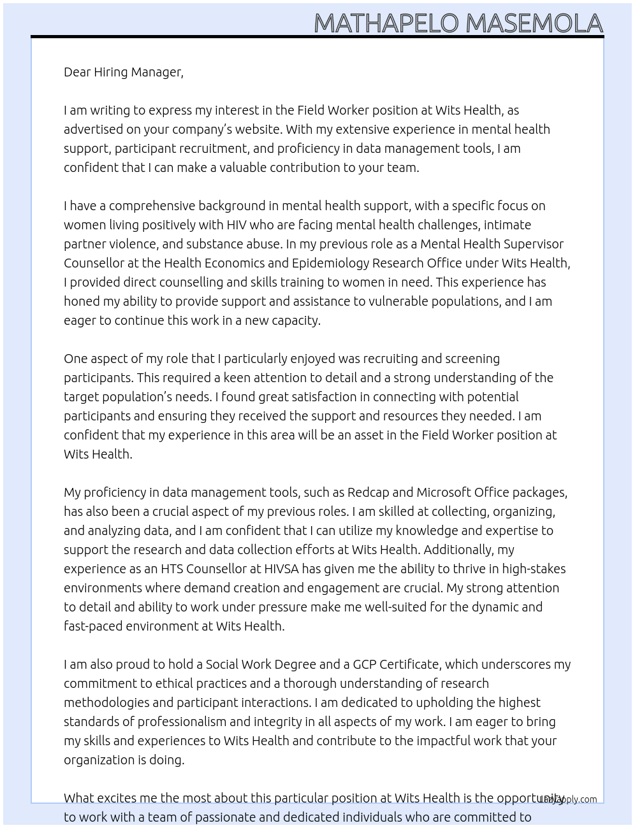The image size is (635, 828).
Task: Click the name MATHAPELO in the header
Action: click(386, 24)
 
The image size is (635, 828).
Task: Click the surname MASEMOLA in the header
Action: click(534, 24)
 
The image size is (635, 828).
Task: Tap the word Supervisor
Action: click(534, 244)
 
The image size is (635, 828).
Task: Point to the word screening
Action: click(469, 359)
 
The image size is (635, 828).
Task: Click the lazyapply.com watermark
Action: click(568, 799)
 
